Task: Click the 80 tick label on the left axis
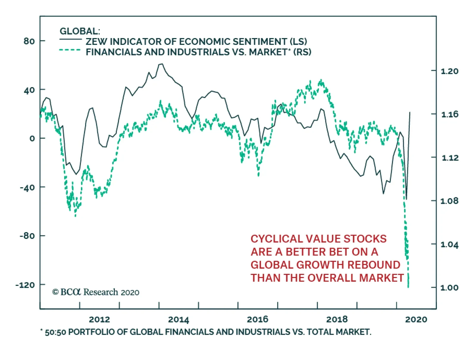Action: [29, 41]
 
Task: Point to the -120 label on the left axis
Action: [25, 285]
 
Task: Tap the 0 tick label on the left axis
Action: [32, 138]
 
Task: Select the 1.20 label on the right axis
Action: [450, 71]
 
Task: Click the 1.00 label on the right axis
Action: [450, 288]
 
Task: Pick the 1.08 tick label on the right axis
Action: [450, 201]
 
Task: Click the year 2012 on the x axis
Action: [99, 319]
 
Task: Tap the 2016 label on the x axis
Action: [258, 319]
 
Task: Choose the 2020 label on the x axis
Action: [416, 319]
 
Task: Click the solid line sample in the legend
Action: [70, 39]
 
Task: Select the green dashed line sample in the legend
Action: [70, 50]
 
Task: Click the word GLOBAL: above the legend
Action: [80, 31]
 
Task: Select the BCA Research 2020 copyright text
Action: [95, 292]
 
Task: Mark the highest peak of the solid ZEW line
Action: [161, 64]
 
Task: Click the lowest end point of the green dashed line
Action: [408, 287]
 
